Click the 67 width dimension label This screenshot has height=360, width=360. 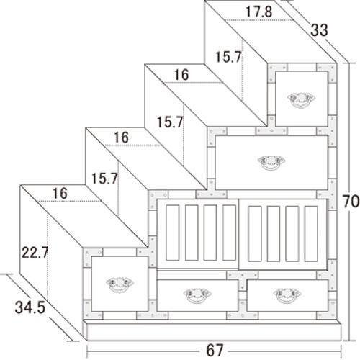click(215, 351)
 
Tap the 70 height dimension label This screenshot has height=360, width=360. click(351, 201)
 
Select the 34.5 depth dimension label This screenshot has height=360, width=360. click(30, 307)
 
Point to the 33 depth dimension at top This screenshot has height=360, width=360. click(319, 30)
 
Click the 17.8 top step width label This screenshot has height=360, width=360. click(258, 12)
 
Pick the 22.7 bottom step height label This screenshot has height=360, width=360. click(35, 253)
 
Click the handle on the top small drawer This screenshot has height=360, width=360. click(302, 100)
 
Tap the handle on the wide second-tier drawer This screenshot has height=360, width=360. click(271, 163)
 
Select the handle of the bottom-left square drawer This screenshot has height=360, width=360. click(120, 284)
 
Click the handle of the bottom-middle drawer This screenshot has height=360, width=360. click(197, 295)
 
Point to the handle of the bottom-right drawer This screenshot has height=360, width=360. click(287, 295)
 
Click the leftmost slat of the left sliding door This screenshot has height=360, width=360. click(172, 233)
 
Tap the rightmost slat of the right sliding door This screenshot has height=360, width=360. click(311, 233)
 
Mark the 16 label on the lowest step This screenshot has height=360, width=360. click(60, 194)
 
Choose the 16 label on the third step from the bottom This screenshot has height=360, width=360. click(181, 75)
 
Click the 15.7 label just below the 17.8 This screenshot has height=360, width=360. click(228, 57)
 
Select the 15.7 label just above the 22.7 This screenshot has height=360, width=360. click(104, 179)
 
